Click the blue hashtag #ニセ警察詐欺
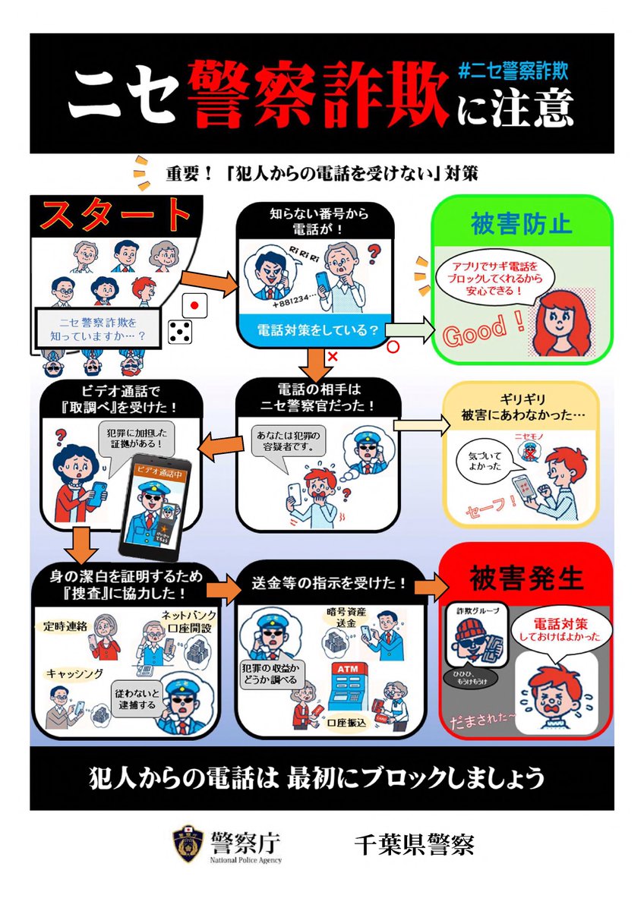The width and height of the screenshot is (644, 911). coord(513,72)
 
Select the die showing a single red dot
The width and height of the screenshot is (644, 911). coord(195,305)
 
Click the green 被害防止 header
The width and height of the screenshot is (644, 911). coord(521,225)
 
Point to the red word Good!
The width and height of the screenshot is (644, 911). coord(483,329)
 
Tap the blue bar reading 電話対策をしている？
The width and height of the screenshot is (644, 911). coord(309,330)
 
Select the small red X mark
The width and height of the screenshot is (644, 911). coord(331,356)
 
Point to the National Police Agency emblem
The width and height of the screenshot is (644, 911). coord(187,843)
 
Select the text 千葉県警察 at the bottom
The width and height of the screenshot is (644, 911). coord(414,843)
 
